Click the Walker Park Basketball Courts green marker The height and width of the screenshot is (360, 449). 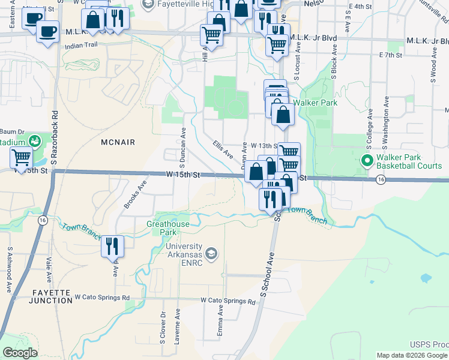(366, 161)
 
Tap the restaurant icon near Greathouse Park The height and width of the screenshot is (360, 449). (112, 246)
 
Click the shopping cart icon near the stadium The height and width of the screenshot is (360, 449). (22, 158)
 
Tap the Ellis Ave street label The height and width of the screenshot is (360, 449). (222, 148)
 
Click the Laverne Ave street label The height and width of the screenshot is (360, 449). (178, 326)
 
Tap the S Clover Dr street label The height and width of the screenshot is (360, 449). (163, 327)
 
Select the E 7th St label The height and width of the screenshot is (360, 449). (390, 55)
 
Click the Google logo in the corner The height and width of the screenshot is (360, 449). (20, 353)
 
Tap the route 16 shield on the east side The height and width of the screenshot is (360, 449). (381, 179)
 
